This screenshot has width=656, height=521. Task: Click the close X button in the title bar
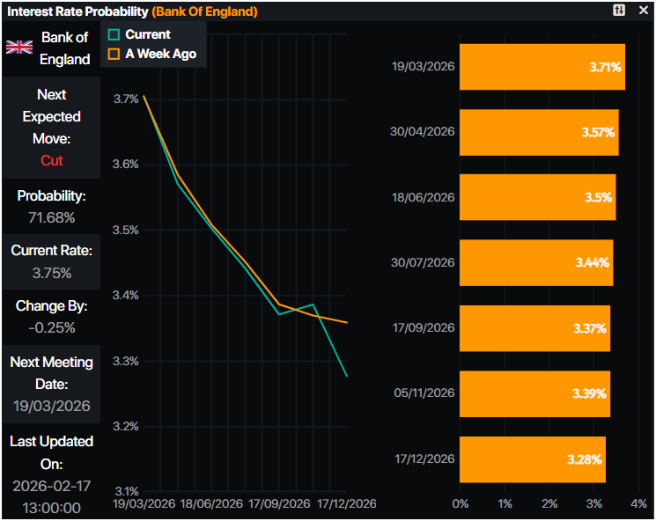(x=643, y=11)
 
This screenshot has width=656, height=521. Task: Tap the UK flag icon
(x=19, y=47)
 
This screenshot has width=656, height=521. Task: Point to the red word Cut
(x=51, y=160)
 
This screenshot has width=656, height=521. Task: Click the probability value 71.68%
(x=51, y=217)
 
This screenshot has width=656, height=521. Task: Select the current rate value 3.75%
(x=51, y=273)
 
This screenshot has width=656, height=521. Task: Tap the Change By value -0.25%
(x=51, y=327)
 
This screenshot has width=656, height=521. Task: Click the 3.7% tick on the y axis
(x=126, y=99)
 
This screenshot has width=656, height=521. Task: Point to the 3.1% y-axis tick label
(x=126, y=491)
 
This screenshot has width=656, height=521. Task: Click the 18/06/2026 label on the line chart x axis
(x=212, y=504)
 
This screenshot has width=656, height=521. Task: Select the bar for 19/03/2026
(x=542, y=67)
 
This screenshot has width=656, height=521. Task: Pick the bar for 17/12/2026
(x=532, y=459)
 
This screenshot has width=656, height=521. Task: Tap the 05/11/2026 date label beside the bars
(x=423, y=393)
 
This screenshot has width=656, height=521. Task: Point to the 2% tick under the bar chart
(x=549, y=503)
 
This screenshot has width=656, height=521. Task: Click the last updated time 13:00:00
(x=51, y=508)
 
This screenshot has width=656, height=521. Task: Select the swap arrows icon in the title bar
(x=619, y=11)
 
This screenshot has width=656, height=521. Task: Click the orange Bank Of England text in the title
(x=205, y=11)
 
